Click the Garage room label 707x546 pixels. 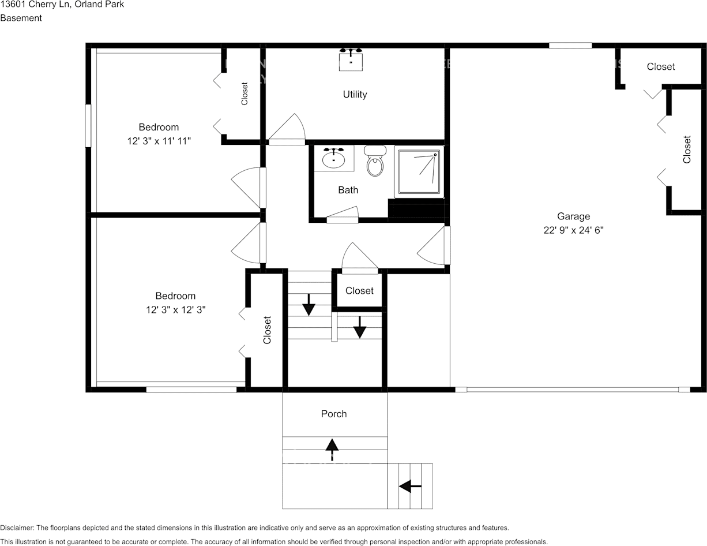pos(573,216)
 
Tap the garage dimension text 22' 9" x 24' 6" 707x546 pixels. pos(573,230)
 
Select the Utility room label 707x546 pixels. pos(355,94)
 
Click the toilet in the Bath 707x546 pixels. pos(375,162)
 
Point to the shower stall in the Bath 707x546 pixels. pos(419,171)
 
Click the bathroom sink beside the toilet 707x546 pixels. pos(333,158)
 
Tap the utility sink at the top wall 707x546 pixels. pos(351,59)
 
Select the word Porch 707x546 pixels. pos(334,414)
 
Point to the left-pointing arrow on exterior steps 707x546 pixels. pos(410,487)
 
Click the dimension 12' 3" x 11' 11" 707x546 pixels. pos(159,141)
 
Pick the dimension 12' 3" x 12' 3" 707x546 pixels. pos(175,310)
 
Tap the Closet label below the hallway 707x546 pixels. pos(359,291)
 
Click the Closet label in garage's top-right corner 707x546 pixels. pos(660,67)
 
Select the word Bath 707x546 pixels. pos(348,190)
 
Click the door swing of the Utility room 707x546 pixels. pos(287,129)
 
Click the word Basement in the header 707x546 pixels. pos(21,18)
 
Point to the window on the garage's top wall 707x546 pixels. pos(570,46)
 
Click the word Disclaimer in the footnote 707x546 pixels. pos(17,528)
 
